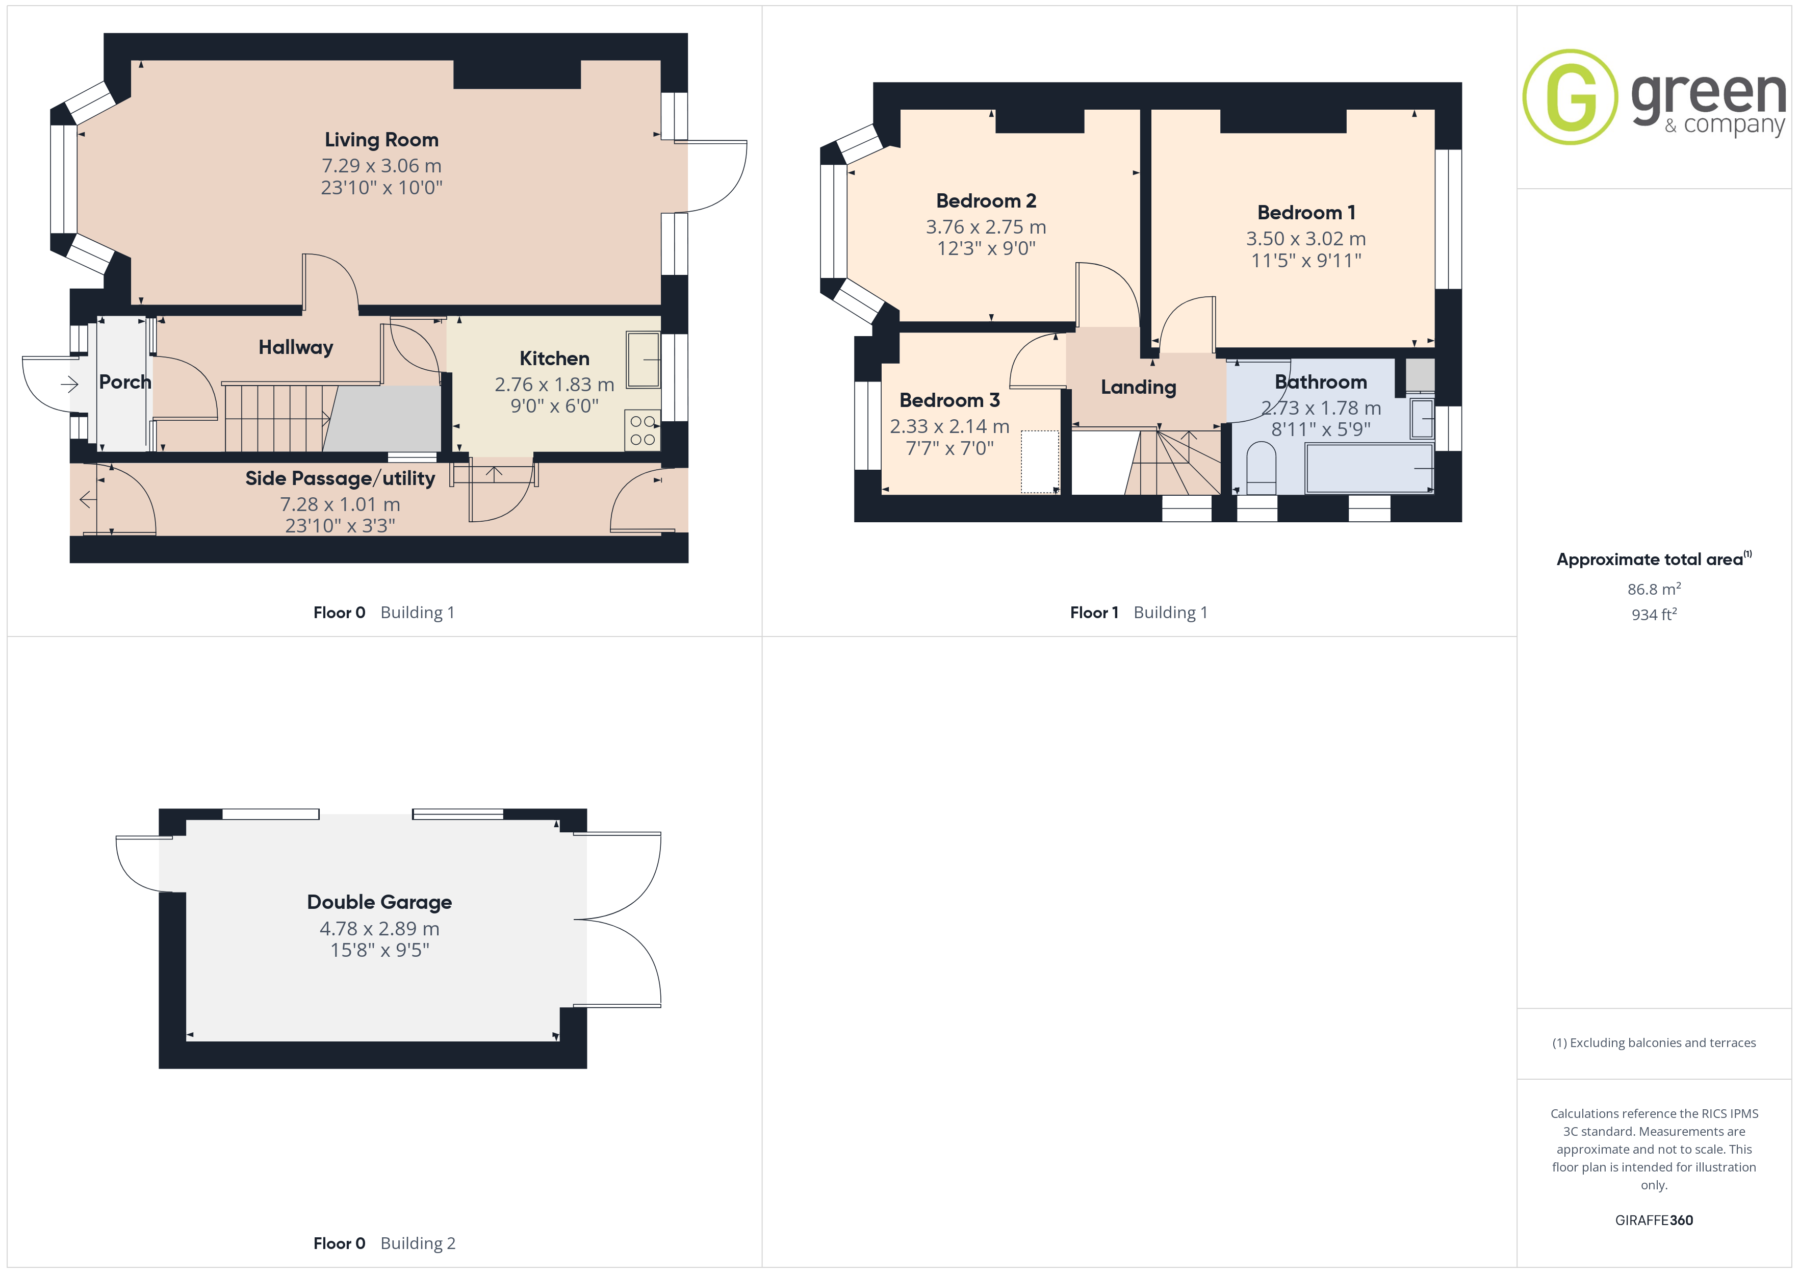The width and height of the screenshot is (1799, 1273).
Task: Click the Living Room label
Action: pyautogui.click(x=381, y=140)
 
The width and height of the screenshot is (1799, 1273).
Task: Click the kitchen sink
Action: pyautogui.click(x=644, y=359)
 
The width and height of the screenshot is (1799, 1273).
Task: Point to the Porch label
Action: pyautogui.click(x=124, y=381)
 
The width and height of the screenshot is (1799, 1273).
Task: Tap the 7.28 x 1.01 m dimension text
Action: pyautogui.click(x=340, y=504)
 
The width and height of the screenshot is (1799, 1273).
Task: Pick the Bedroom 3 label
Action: pyautogui.click(x=949, y=400)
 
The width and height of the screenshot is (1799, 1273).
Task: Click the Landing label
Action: pyautogui.click(x=1139, y=387)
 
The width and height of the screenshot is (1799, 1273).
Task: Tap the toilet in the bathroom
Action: pyautogui.click(x=1261, y=468)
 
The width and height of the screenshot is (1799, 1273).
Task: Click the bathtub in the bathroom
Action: pyautogui.click(x=1369, y=469)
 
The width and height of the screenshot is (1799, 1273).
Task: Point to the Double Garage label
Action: pyautogui.click(x=379, y=902)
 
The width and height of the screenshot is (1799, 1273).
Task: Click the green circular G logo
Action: pyautogui.click(x=1570, y=97)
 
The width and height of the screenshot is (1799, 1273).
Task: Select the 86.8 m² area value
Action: pyautogui.click(x=1654, y=589)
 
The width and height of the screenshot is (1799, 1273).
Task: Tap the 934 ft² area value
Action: pyautogui.click(x=1654, y=615)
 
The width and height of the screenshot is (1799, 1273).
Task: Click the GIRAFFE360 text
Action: pyautogui.click(x=1654, y=1220)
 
